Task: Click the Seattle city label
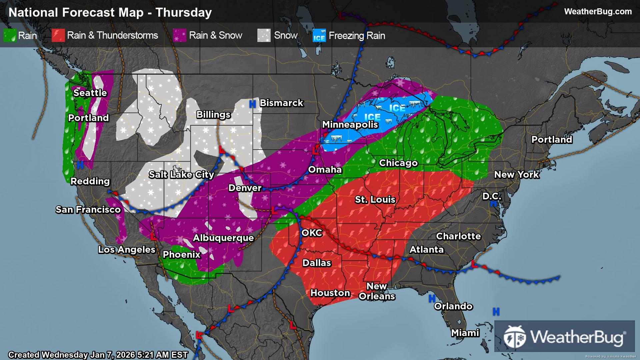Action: [90, 93]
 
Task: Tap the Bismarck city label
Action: [281, 103]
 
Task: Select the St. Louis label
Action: [375, 199]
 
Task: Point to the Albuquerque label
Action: [223, 238]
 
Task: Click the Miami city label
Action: [465, 333]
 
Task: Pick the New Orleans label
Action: [377, 291]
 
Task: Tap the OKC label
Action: [312, 233]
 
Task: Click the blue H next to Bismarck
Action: [253, 104]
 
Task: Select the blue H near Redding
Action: [80, 165]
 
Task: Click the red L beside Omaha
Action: [315, 151]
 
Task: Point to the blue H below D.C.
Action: [494, 204]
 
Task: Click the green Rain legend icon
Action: [10, 35]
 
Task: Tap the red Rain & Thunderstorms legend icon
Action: [58, 35]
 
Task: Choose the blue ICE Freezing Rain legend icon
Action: [319, 36]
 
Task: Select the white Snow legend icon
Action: [264, 35]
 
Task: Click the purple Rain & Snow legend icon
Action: [179, 35]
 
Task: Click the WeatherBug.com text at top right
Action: [598, 11]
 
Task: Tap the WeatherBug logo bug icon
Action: [515, 336]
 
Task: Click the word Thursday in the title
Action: [184, 12]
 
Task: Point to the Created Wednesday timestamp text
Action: [98, 355]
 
